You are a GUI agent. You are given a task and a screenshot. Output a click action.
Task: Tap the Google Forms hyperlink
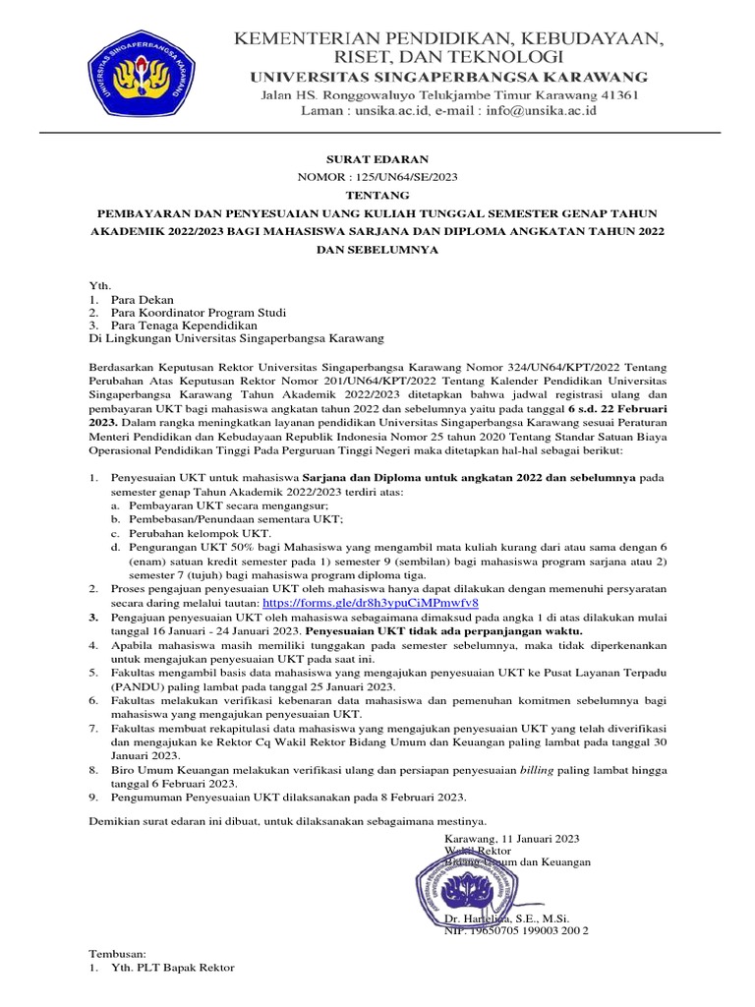click(371, 601)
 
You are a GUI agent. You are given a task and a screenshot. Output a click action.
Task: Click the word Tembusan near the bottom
click(118, 954)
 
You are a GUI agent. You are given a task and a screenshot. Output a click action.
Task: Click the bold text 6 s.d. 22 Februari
click(628, 408)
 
